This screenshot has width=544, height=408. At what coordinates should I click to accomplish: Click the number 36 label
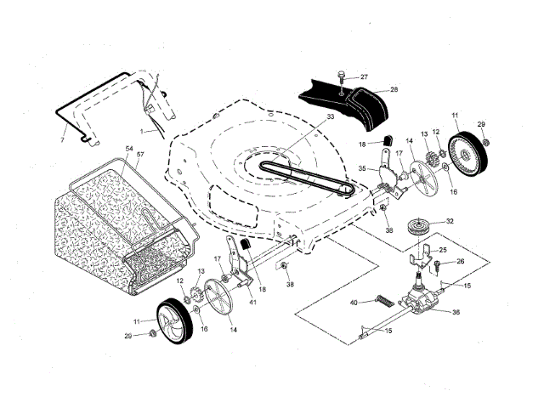pos(456,312)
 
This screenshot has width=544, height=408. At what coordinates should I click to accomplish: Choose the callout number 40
pos(354,302)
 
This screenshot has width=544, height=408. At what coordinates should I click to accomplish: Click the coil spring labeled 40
pos(383,300)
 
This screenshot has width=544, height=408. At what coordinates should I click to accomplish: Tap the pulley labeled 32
pos(418,227)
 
